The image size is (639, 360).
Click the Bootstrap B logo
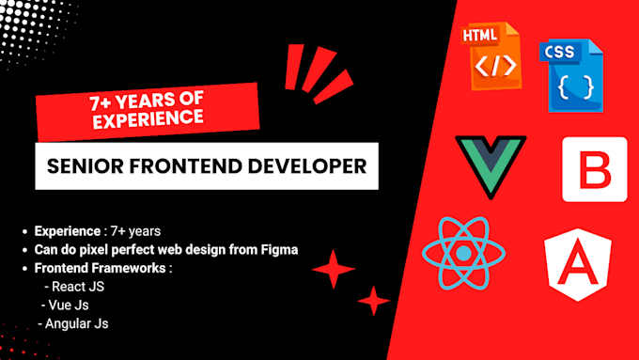(x=594, y=169)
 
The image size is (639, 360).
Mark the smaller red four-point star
(x=373, y=301)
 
